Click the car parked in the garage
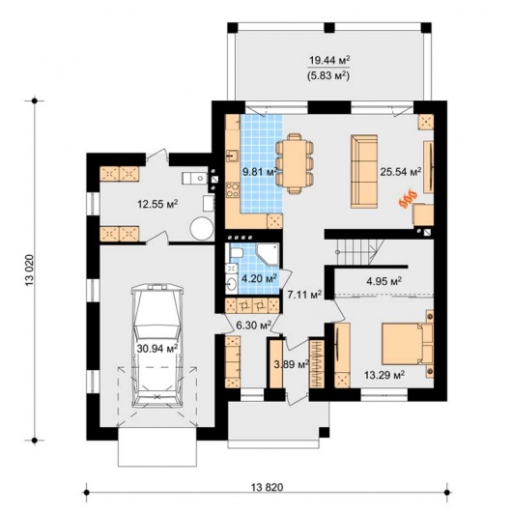(x=157, y=346)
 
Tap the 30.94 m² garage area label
(x=157, y=349)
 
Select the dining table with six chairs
(x=295, y=163)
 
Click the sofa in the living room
(x=364, y=171)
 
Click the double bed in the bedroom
(x=407, y=344)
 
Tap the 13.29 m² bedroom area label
(x=384, y=374)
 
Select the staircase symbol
(x=360, y=252)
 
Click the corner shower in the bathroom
(x=268, y=253)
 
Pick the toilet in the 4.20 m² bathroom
(x=235, y=252)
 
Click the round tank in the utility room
(x=202, y=229)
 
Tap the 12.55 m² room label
(x=157, y=205)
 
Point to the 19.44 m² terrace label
(x=329, y=60)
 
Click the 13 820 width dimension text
(x=267, y=487)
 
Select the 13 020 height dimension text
(x=29, y=270)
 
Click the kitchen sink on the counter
(x=233, y=156)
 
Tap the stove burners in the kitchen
(x=233, y=189)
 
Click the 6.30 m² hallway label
(x=254, y=325)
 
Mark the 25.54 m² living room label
(x=400, y=171)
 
